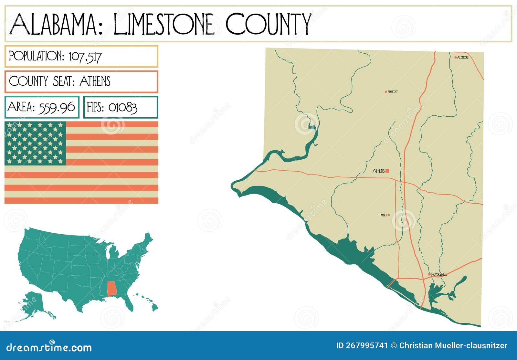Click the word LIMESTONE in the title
tap(164, 24)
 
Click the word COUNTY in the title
tap(268, 24)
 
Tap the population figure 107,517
tap(85, 57)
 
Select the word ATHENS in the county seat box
tap(95, 81)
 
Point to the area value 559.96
tap(57, 107)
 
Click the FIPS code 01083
tap(122, 107)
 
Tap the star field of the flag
tap(35, 143)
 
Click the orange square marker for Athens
tap(387, 171)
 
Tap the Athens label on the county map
tap(378, 171)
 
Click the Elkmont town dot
tap(386, 92)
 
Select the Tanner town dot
tap(389, 215)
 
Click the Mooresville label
tap(439, 274)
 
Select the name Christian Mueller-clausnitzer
tap(453, 345)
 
